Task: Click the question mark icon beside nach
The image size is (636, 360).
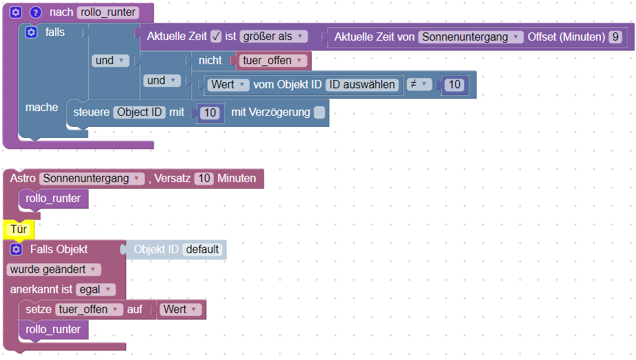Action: click(36, 12)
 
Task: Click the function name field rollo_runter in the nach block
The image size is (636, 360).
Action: click(108, 12)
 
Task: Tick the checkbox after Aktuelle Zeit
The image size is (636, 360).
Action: click(216, 37)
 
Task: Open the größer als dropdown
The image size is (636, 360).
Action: click(273, 37)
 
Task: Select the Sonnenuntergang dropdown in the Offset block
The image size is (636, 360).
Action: click(470, 37)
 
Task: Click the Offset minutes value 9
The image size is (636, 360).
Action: click(615, 37)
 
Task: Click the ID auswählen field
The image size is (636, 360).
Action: click(362, 84)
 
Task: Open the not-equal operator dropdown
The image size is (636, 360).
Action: click(419, 84)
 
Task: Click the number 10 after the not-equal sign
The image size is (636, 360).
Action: click(455, 84)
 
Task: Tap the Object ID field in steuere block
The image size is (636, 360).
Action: click(139, 112)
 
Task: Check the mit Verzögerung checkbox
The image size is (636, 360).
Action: click(319, 112)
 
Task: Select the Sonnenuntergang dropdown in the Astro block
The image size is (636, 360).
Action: click(92, 179)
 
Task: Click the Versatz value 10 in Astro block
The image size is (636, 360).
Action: click(204, 179)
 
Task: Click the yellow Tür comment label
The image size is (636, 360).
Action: click(19, 230)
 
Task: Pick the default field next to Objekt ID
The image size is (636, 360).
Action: click(202, 250)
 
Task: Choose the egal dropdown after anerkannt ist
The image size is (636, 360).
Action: click(96, 290)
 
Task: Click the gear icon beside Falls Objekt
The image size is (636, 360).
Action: click(17, 250)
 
